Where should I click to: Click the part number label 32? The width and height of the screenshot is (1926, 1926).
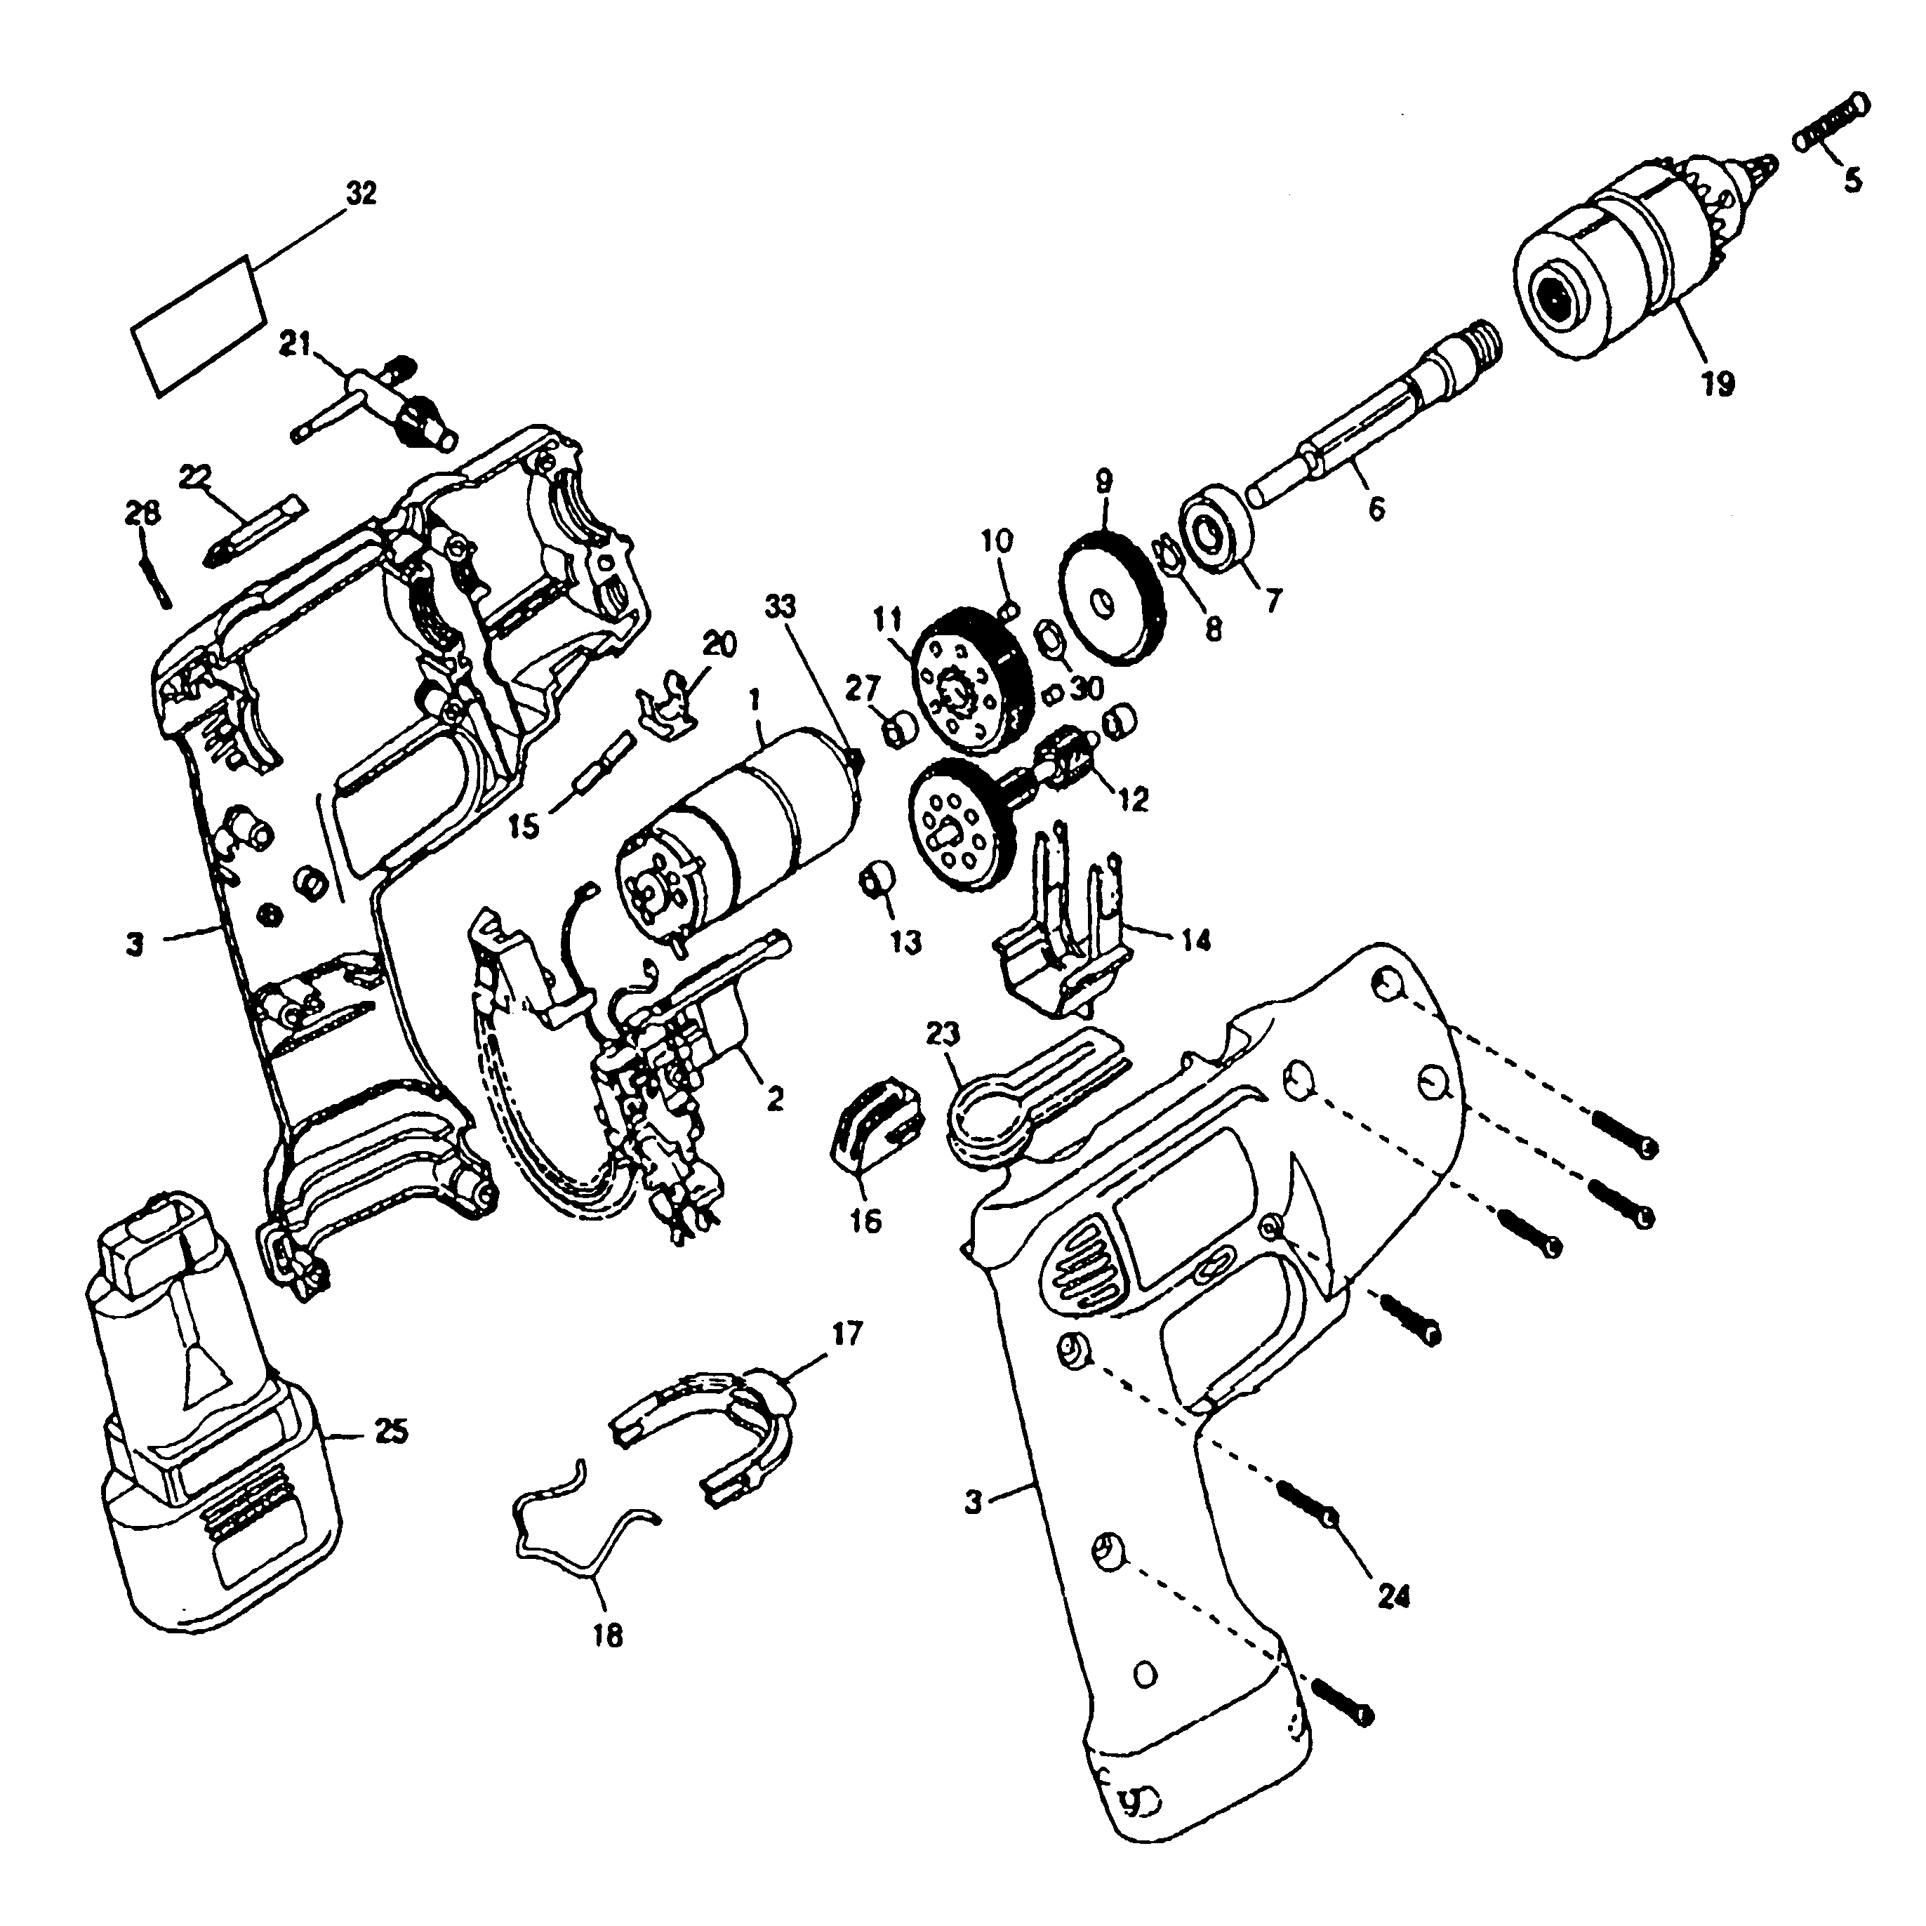[360, 194]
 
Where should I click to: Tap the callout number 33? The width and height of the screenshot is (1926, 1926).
[782, 607]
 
